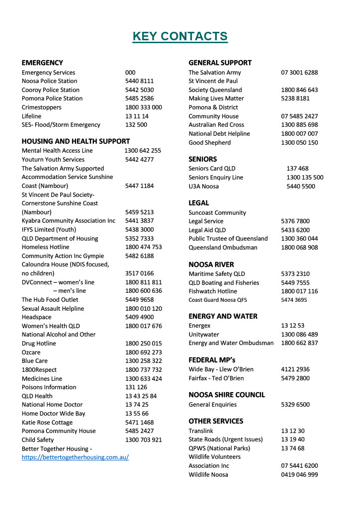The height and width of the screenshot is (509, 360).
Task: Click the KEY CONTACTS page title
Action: tap(180, 36)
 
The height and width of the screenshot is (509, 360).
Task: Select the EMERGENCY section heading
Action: tap(42, 63)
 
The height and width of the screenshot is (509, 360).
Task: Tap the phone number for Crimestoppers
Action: tap(143, 107)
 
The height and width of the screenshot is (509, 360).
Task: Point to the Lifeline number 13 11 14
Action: tap(137, 116)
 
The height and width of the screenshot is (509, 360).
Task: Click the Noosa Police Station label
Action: tap(49, 81)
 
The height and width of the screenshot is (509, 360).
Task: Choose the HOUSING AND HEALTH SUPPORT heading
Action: tap(76, 141)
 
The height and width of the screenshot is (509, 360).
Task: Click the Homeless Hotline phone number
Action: tap(143, 247)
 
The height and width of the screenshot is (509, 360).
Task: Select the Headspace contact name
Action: tap(36, 317)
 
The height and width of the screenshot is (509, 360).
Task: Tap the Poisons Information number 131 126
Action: tap(136, 387)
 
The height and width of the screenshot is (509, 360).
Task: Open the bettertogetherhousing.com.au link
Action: tap(75, 457)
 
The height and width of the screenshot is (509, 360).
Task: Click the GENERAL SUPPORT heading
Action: tap(220, 63)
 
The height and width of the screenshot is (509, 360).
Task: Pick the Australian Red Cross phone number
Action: tap(299, 125)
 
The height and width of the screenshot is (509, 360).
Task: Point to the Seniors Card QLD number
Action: tap(297, 169)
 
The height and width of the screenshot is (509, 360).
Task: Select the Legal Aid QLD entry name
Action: tap(207, 230)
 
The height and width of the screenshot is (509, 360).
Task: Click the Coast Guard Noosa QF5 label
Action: tap(217, 300)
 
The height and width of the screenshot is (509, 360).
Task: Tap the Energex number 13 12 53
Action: tap(293, 326)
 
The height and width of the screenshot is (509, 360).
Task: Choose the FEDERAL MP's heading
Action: tap(212, 360)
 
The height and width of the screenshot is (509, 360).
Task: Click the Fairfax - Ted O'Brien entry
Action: tap(216, 378)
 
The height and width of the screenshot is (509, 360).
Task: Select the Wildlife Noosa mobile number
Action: tap(299, 475)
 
